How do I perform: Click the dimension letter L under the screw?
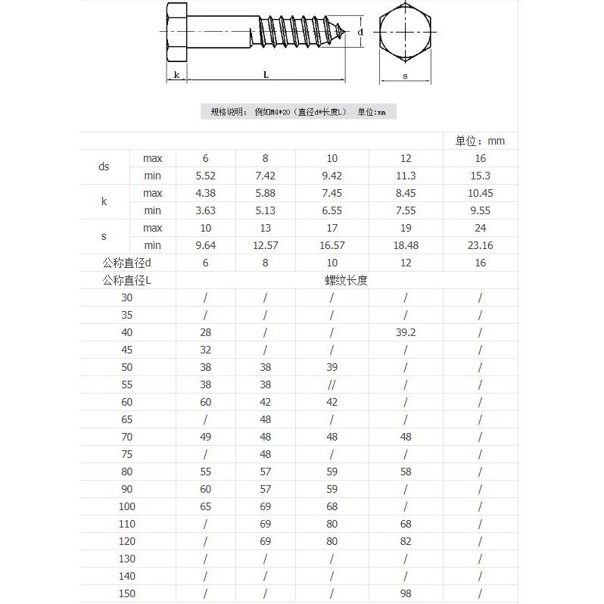coord(266,74)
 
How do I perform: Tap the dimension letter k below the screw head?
coord(176,75)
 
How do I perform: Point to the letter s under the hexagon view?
coord(405,76)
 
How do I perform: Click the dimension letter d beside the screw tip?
coord(361,33)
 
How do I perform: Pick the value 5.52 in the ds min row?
coord(205,176)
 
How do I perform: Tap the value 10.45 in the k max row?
coord(479,193)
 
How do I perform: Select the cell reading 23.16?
coord(479,245)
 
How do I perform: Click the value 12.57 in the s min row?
coord(265,245)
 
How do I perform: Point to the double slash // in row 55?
coord(332,385)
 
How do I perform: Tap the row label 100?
coord(126,506)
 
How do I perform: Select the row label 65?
coord(126,419)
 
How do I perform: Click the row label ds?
coord(104,167)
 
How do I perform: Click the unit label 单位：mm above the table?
coord(480,141)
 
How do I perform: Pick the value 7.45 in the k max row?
coord(332,193)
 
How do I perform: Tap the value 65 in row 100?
coord(205,506)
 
